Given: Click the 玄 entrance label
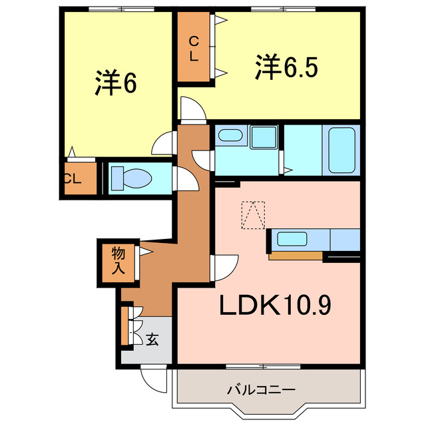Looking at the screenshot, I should (152, 339).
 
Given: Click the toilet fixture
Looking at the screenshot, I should (132, 178).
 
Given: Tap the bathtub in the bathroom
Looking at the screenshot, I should (341, 150).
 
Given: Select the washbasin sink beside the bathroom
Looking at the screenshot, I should (232, 136).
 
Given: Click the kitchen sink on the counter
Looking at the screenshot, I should (291, 238).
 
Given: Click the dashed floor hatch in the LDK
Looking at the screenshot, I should (252, 214).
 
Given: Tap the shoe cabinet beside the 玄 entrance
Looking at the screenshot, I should (125, 325).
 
